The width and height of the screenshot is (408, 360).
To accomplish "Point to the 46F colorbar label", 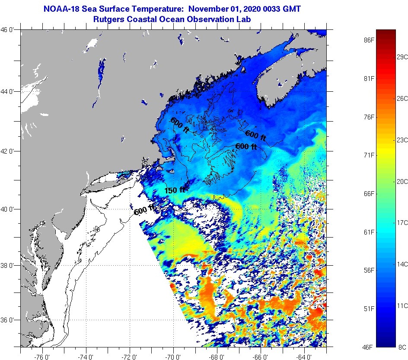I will pyautogui.click(x=369, y=347).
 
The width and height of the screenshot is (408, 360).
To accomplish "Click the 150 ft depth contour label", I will pyautogui.click(x=175, y=190).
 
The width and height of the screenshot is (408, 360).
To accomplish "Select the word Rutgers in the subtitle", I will pyautogui.click(x=108, y=19).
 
